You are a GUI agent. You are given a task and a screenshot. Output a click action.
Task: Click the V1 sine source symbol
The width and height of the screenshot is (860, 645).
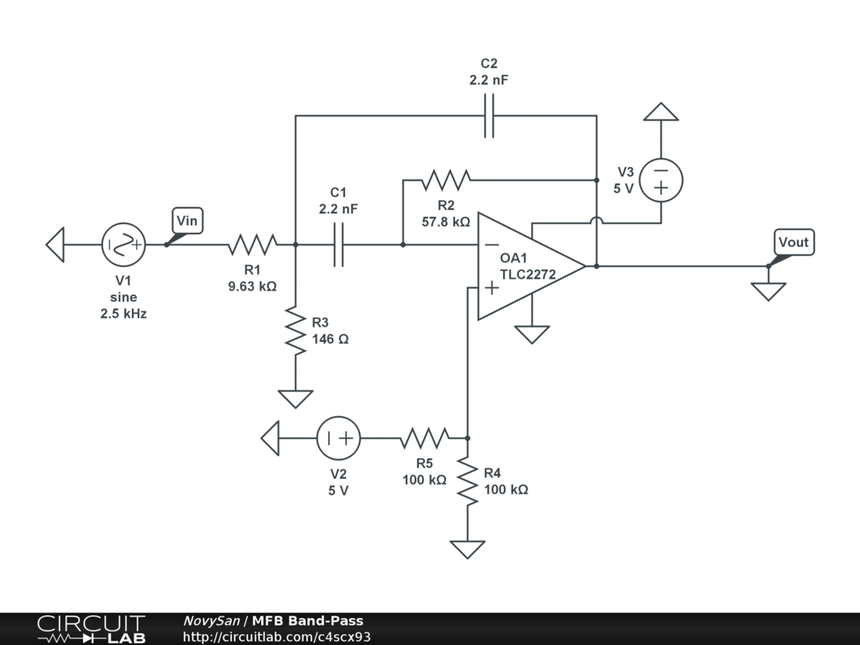pyautogui.click(x=123, y=244)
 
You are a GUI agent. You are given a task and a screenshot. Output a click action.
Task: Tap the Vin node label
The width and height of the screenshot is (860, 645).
pyautogui.click(x=187, y=221)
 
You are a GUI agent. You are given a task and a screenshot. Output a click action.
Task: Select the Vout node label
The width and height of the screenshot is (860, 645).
pyautogui.click(x=794, y=242)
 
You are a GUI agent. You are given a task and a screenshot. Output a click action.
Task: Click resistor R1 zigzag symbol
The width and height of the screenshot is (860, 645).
pyautogui.click(x=252, y=244)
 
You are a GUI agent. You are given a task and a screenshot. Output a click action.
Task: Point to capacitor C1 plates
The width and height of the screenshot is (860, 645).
pyautogui.click(x=339, y=244)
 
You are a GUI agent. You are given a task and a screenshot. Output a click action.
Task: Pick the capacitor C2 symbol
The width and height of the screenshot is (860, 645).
pyautogui.click(x=489, y=116)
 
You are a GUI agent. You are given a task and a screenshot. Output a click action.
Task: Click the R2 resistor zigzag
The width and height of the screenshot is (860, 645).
pyautogui.click(x=446, y=180)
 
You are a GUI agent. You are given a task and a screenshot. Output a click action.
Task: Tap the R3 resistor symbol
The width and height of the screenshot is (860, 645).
pyautogui.click(x=296, y=331)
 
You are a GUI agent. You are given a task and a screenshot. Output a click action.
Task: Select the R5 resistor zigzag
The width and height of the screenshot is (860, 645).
pyautogui.click(x=424, y=438)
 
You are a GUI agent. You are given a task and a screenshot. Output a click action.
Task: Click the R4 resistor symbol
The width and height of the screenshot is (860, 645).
pyautogui.click(x=468, y=481)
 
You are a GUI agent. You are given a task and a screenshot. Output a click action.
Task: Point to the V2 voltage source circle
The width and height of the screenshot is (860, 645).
pyautogui.click(x=338, y=438)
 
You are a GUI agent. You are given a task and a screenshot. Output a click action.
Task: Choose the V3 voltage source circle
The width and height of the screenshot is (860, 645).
pyautogui.click(x=661, y=180)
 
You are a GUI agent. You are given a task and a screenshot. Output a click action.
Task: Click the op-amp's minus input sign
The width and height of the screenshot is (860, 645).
pyautogui.click(x=492, y=244)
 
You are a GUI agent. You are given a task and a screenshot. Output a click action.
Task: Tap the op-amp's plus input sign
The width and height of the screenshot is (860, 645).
pyautogui.click(x=492, y=288)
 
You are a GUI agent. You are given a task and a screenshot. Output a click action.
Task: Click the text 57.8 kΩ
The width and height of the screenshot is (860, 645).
pyautogui.click(x=446, y=222)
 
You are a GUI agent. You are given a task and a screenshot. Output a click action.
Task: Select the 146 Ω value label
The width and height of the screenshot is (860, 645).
pyautogui.click(x=330, y=339)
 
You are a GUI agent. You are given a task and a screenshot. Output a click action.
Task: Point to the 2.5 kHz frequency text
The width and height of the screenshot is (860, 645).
pyautogui.click(x=123, y=314)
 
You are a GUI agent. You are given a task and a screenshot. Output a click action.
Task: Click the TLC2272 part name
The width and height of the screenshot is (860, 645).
pyautogui.click(x=527, y=275)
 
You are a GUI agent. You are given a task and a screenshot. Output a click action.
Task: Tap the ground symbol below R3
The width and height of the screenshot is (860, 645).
pyautogui.click(x=296, y=399)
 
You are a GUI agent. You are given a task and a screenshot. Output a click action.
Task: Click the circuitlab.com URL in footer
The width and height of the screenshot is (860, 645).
pyautogui.click(x=277, y=637)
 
